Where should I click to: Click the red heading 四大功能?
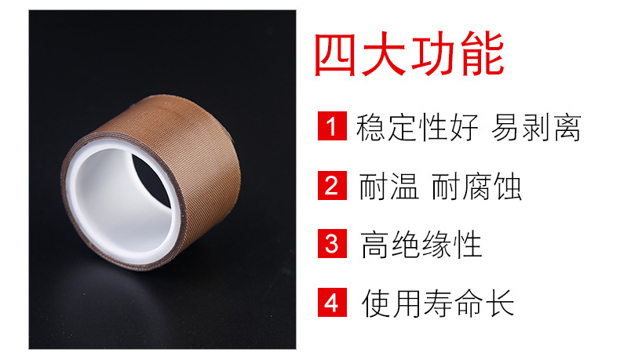click(x=409, y=54)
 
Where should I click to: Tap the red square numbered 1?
click(x=332, y=125)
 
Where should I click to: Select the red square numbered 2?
click(x=332, y=185)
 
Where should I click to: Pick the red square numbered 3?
click(x=332, y=243)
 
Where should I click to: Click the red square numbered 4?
click(x=332, y=302)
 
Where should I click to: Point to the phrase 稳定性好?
click(x=418, y=127)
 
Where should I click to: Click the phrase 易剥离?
click(x=536, y=127)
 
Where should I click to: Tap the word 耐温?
click(x=388, y=187)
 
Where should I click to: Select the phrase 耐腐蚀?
click(x=476, y=187)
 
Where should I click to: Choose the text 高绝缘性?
click(x=421, y=245)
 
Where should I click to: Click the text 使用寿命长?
click(x=438, y=303)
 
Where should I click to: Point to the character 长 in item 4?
click(x=500, y=303)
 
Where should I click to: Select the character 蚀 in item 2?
click(x=508, y=187)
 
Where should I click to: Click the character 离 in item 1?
click(x=567, y=127)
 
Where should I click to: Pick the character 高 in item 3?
click(x=375, y=245)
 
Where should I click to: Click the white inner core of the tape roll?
click(x=119, y=205)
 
